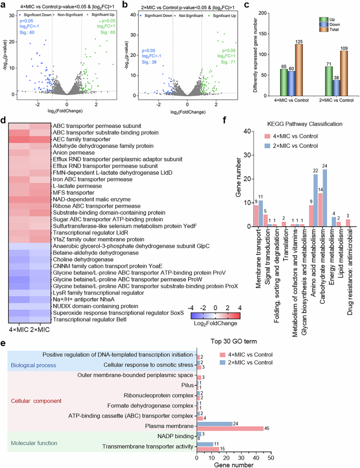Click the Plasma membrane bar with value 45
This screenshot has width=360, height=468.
(x=230, y=428)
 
